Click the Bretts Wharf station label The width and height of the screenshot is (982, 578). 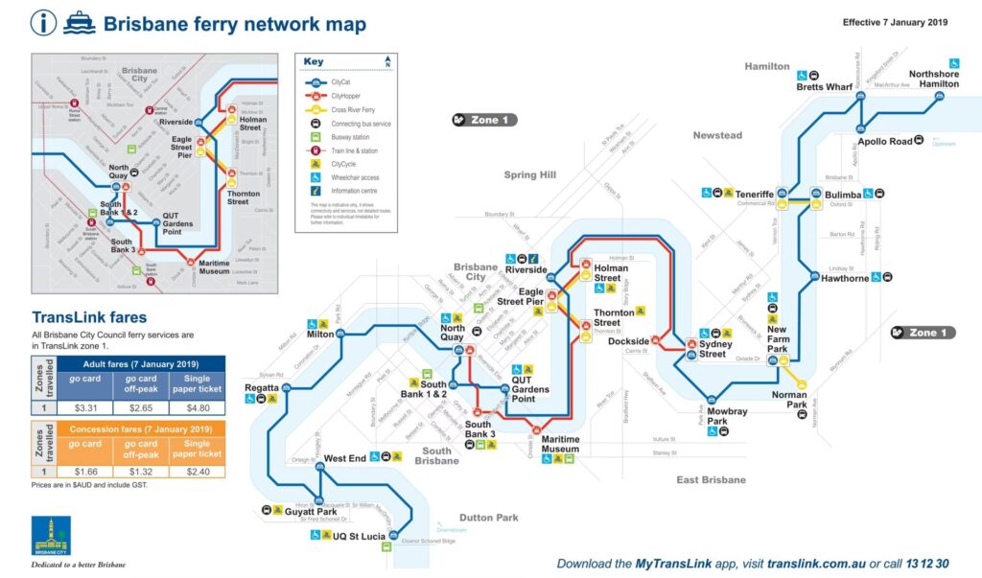(824, 87)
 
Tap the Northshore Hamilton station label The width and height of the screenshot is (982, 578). (933, 79)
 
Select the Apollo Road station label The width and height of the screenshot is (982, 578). (884, 141)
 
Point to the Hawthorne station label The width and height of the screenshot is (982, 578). (844, 279)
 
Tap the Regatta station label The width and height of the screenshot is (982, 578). (261, 388)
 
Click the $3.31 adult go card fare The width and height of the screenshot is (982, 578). (84, 406)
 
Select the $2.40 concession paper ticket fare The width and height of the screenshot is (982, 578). (197, 472)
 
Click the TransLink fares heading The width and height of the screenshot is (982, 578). (89, 317)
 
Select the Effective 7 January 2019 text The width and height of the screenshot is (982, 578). (895, 21)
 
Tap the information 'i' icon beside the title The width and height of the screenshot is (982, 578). (43, 23)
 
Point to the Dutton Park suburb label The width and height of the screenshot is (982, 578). (488, 518)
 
